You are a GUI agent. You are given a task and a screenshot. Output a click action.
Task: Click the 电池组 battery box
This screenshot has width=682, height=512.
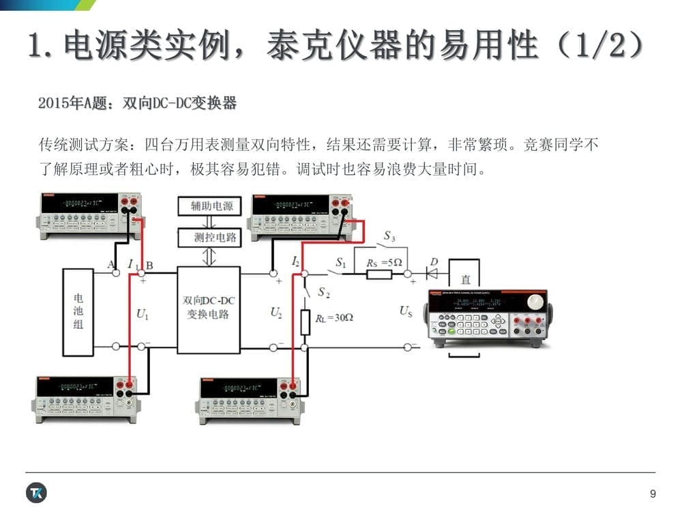click(x=78, y=312)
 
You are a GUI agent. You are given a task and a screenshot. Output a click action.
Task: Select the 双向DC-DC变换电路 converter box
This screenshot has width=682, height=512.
click(x=209, y=310)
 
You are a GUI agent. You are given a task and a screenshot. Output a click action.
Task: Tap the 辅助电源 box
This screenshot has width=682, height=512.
click(x=209, y=205)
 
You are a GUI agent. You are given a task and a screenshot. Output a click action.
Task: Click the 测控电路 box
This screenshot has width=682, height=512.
click(x=209, y=237)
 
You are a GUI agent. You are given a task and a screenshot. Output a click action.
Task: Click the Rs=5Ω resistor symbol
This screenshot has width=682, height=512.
click(x=379, y=274)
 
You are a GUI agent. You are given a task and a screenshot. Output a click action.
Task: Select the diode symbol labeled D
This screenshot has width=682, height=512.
click(x=432, y=274)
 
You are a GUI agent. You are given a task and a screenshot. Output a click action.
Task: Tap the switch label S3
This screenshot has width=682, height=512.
click(x=389, y=236)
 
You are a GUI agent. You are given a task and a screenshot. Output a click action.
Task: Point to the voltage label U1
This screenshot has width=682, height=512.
click(x=143, y=314)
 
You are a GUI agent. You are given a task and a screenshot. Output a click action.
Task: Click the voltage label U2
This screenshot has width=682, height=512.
click(x=276, y=313)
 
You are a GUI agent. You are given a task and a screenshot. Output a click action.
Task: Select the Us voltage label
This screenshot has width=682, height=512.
click(x=406, y=312)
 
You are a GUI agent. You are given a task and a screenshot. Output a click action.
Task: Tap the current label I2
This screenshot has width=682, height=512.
click(x=295, y=261)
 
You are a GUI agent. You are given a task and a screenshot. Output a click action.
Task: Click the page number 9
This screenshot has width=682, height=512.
click(x=653, y=494)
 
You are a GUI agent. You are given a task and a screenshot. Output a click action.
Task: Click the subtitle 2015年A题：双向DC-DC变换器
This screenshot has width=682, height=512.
click(x=138, y=103)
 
